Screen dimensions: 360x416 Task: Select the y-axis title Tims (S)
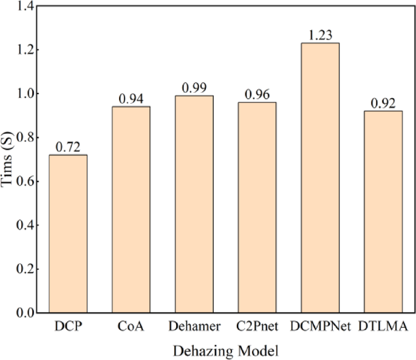click(x=7, y=160)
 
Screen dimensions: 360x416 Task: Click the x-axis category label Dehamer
click(x=196, y=328)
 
